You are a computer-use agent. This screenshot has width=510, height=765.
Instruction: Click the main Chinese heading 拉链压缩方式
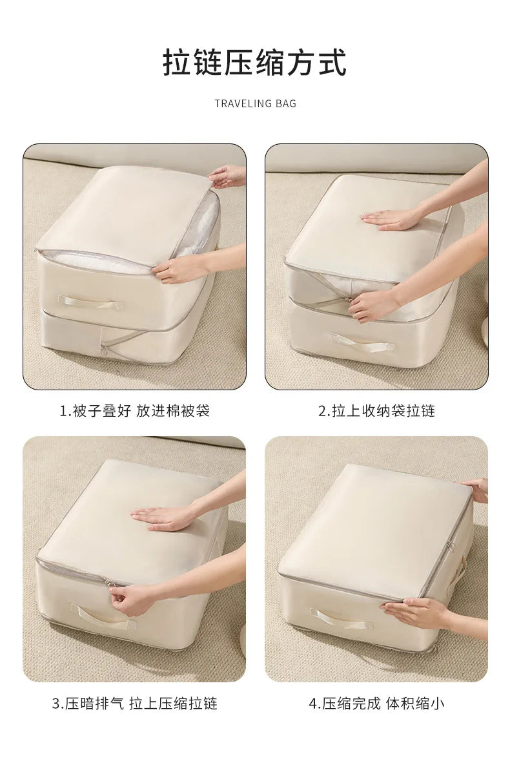254,63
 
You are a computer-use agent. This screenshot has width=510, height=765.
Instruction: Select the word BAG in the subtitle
285,103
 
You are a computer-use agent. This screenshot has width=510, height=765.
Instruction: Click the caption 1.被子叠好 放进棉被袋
134,411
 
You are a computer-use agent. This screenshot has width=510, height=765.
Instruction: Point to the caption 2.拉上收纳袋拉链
376,411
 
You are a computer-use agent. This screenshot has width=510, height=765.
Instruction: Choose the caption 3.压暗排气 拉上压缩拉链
134,704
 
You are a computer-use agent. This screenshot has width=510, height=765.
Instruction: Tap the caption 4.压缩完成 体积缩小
376,704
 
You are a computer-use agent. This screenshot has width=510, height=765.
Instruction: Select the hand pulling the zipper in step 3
132,599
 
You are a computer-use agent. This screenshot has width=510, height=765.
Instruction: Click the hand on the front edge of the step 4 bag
413,611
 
